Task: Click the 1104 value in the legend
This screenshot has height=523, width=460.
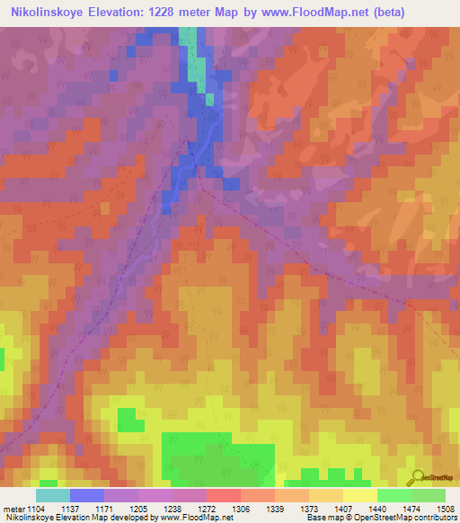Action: click(33, 509)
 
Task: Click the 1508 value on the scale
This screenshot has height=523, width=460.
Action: click(444, 509)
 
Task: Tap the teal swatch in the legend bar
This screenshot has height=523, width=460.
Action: click(53, 495)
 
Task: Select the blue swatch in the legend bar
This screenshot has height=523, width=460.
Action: click(87, 495)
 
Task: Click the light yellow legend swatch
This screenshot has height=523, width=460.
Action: click(359, 495)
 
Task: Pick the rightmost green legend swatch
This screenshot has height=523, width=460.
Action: click(429, 495)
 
